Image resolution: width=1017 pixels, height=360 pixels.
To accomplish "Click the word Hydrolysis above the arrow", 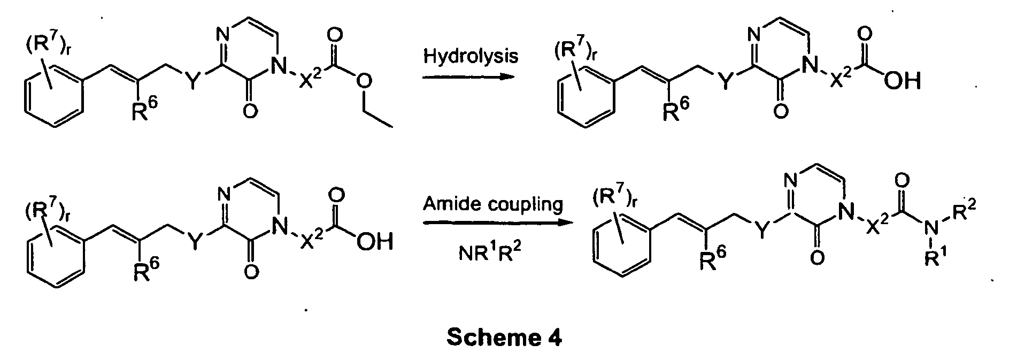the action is [471, 56].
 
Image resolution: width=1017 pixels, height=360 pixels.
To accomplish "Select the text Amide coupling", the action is [492, 204].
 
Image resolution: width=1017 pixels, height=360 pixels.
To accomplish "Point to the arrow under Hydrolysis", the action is [468, 77].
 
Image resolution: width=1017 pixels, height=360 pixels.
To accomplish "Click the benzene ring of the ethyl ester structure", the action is [52, 100].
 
